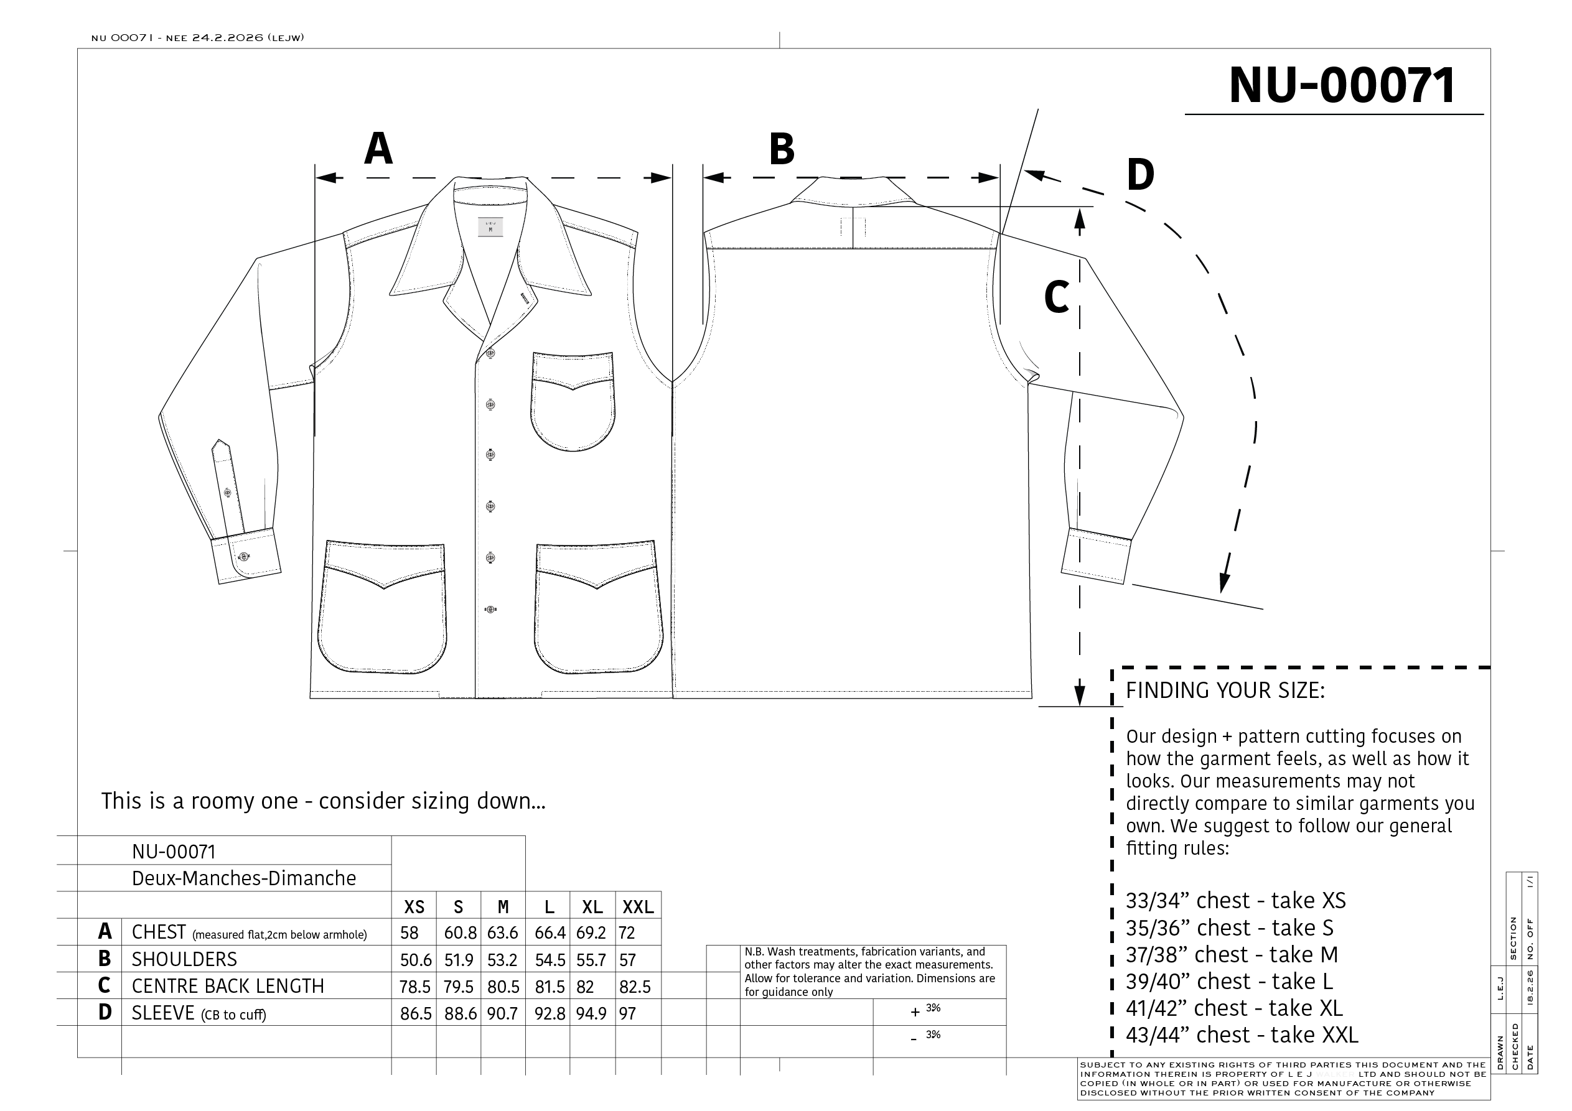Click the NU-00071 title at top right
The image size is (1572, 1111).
pos(1341,86)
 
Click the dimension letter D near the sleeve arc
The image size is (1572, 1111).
pos(1140,175)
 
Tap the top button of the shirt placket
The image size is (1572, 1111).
pos(490,353)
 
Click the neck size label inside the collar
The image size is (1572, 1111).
pos(490,227)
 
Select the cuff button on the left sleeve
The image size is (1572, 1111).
pos(243,556)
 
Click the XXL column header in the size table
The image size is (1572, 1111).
pos(638,908)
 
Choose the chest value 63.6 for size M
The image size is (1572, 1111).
pos(503,933)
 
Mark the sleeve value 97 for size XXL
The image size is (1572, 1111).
pos(627,1014)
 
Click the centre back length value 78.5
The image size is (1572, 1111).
pos(415,987)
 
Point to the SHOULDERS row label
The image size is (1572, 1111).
pos(184,960)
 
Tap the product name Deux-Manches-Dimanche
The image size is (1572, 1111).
pos(244,878)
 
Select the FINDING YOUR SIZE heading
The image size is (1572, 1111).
pos(1225,690)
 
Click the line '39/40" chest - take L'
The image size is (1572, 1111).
pos(1229,982)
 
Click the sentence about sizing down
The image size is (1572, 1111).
pos(323,801)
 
